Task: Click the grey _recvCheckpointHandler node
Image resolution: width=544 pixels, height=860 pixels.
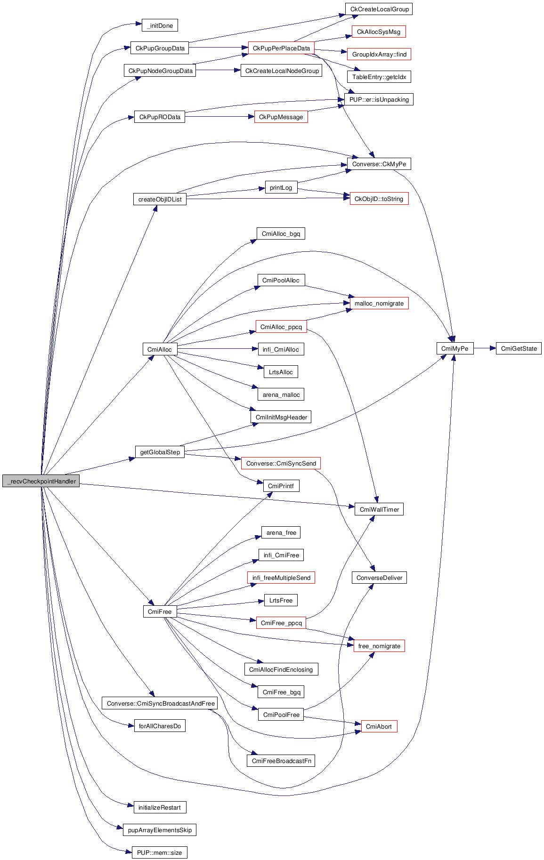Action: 41,481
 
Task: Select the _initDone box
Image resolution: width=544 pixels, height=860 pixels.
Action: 160,25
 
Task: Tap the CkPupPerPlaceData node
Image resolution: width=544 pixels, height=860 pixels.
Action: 281,48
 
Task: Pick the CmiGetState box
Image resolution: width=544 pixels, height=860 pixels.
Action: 519,348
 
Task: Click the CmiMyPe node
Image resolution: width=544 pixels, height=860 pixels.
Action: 455,348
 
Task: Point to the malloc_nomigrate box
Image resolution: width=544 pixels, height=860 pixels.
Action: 379,303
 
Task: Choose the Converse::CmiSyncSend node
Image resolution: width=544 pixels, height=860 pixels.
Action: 281,463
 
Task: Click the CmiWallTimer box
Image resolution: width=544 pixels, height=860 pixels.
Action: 379,509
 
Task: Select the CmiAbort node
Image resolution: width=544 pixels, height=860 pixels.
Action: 379,726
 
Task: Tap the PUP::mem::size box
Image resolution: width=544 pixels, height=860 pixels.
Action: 159,852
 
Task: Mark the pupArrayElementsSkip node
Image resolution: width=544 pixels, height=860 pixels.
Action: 160,830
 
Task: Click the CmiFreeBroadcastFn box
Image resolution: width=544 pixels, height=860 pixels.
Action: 281,761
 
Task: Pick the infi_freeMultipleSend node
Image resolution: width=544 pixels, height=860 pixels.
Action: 281,578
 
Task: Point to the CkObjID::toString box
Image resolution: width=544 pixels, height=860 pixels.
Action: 379,199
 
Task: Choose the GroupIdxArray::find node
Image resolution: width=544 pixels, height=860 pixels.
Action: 379,54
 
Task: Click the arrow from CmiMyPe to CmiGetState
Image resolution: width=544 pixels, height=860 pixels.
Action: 485,348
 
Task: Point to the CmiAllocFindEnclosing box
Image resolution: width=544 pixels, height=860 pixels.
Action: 281,669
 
